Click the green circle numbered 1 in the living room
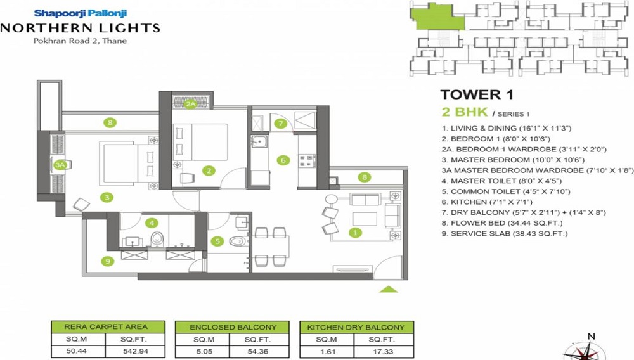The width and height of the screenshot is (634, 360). (356, 233)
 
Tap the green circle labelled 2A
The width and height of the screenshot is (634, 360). (190, 105)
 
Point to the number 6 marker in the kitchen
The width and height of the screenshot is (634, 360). (283, 160)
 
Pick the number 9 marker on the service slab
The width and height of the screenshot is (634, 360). (108, 260)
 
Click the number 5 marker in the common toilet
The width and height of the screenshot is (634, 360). (217, 241)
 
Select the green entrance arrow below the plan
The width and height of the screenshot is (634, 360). (389, 290)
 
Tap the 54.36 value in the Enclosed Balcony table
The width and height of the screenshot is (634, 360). (262, 349)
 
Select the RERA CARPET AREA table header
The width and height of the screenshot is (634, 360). (108, 327)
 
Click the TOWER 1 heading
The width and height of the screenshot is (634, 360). (476, 95)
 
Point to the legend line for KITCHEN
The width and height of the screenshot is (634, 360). (479, 202)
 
